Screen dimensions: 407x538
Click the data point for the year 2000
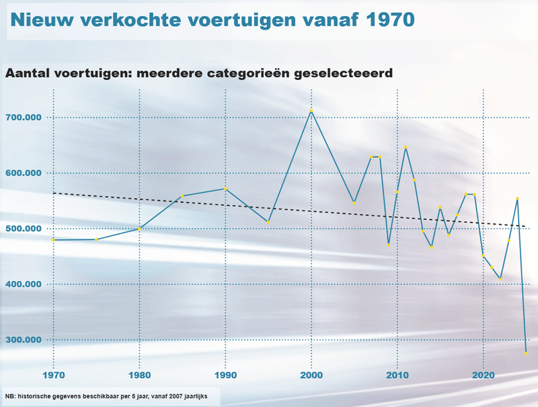coord(311,111)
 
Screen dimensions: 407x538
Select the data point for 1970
coord(53,240)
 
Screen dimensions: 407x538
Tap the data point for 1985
coord(182,196)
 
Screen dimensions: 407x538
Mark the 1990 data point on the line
coord(225,189)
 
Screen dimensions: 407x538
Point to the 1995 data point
coord(268,222)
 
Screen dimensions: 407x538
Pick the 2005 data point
coord(354,202)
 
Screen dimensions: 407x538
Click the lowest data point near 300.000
coord(526,353)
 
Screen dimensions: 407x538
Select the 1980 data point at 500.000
coord(139,229)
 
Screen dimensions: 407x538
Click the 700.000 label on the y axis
coord(24,118)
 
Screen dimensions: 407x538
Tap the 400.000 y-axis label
coord(24,284)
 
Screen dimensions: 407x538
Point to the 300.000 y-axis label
coord(24,340)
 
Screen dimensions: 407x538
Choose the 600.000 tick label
coord(24,173)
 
